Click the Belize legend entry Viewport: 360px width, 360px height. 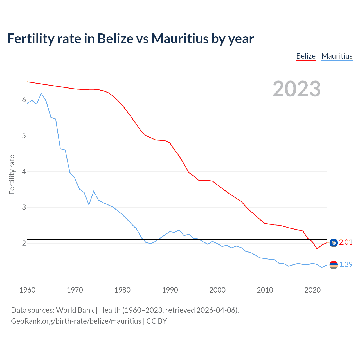(306, 56)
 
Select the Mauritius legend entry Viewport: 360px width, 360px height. (337, 56)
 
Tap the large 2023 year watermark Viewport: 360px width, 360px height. (296, 89)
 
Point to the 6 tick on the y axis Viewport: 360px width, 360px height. (24, 100)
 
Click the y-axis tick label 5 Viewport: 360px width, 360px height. (24, 136)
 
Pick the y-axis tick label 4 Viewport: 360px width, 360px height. (24, 172)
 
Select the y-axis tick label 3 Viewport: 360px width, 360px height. (24, 208)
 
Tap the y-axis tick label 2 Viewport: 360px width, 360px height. (24, 243)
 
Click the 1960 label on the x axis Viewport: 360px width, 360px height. (27, 290)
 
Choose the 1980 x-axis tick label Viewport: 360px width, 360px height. (122, 290)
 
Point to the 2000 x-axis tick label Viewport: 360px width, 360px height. (217, 290)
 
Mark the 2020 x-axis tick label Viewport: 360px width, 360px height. (312, 290)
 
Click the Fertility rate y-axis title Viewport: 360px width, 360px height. (12, 174)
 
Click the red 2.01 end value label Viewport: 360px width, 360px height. (346, 242)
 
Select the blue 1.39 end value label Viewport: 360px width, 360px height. (346, 265)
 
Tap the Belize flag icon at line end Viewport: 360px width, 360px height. (334, 243)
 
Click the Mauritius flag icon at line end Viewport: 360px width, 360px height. (334, 265)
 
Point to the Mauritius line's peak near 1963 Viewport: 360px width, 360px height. (41, 93)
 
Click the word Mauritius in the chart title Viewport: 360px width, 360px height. (180, 39)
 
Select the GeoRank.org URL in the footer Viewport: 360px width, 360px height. (76, 321)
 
